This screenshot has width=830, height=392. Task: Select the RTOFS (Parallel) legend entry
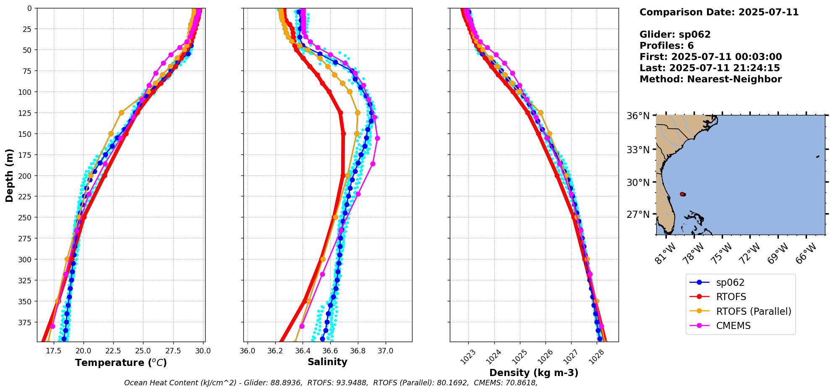(753, 311)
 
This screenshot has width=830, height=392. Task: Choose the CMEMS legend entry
(733, 326)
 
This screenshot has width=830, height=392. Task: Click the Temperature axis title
(121, 363)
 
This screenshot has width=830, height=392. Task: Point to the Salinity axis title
(327, 362)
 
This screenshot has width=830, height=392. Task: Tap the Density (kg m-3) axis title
(534, 373)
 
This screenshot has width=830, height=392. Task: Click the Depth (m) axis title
(10, 175)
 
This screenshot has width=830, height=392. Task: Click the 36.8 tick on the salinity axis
(358, 350)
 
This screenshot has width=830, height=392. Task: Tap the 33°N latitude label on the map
(638, 150)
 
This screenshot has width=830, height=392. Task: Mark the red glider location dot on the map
(682, 194)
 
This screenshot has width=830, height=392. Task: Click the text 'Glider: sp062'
(675, 34)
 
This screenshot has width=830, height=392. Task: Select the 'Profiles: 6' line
(666, 46)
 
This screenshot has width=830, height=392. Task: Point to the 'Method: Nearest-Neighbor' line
(710, 79)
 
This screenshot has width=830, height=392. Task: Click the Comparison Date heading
(719, 12)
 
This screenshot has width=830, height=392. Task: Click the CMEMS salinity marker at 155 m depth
(377, 138)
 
